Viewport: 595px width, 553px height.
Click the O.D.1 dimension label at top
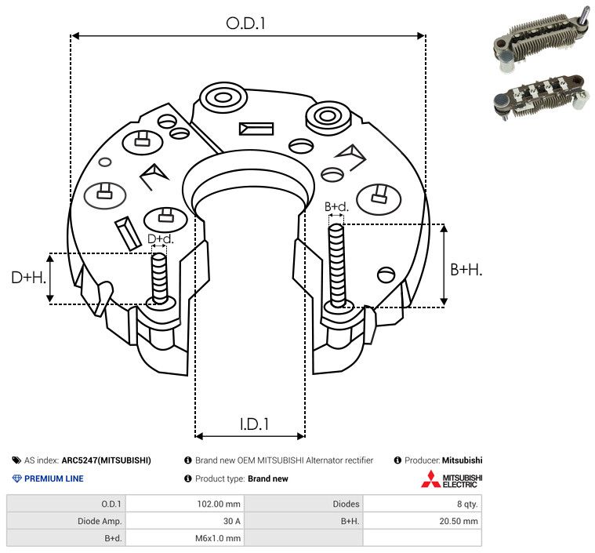pos(245,23)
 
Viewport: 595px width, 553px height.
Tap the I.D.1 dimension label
pos(254,424)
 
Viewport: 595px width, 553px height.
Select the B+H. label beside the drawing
pos(466,269)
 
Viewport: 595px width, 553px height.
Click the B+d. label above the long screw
pos(336,206)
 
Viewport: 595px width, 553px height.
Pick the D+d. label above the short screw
pos(160,238)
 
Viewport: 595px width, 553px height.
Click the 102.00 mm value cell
pos(184,504)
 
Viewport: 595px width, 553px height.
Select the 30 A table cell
pos(184,521)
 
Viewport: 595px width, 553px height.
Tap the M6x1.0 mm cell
pos(184,538)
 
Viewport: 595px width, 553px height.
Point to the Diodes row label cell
pos(304,504)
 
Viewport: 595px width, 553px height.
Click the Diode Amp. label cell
pos(66,521)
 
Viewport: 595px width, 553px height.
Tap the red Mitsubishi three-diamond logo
pos(430,479)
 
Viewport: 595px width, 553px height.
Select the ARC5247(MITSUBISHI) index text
pos(106,460)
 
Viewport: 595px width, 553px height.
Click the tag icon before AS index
pos(16,460)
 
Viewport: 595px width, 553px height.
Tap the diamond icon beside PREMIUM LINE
pos(16,478)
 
